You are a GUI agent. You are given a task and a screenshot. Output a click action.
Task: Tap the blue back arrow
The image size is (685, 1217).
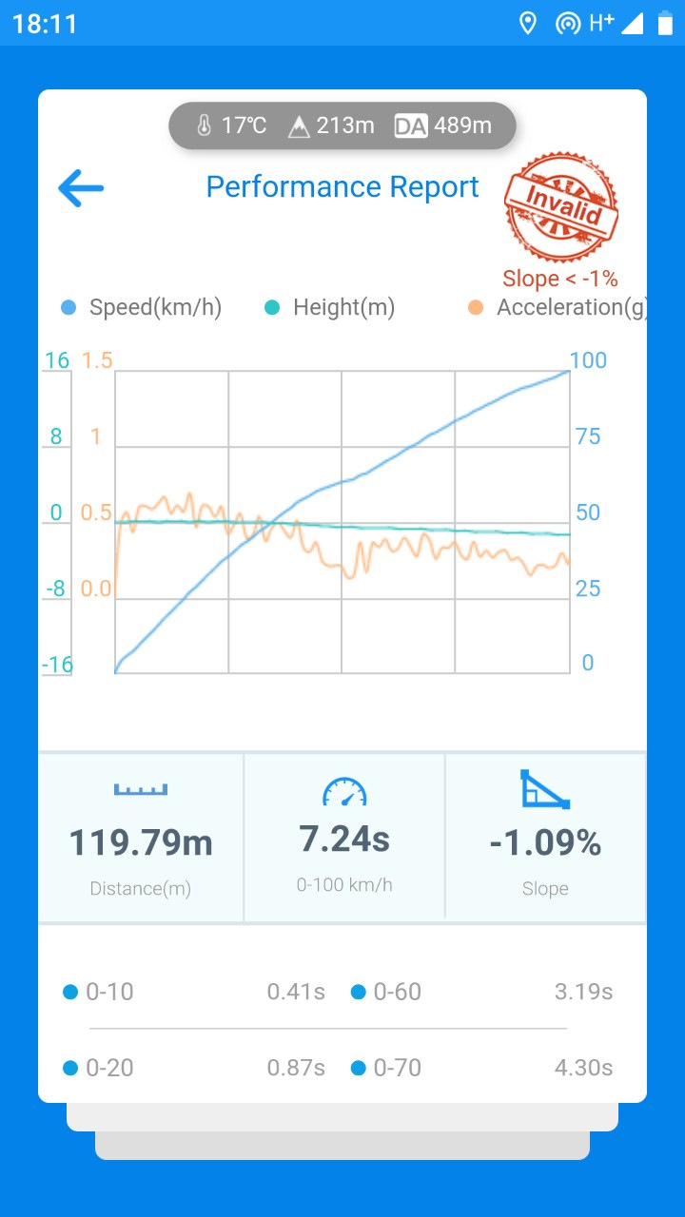pyautogui.click(x=81, y=188)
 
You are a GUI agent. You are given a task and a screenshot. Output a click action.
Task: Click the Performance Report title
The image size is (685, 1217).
pyautogui.click(x=342, y=187)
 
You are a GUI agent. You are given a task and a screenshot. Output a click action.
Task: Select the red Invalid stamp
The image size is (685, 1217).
pyautogui.click(x=561, y=207)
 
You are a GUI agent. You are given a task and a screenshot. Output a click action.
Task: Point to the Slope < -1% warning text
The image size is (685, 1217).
pyautogui.click(x=560, y=279)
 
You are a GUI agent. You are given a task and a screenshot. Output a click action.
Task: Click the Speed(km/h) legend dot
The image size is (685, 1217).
pyautogui.click(x=68, y=308)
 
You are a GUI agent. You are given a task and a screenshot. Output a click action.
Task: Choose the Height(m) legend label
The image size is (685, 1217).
pyautogui.click(x=343, y=308)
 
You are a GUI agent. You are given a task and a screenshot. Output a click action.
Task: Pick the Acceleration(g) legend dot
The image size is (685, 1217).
pyautogui.click(x=476, y=308)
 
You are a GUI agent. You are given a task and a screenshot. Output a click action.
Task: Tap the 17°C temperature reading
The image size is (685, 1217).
pyautogui.click(x=244, y=126)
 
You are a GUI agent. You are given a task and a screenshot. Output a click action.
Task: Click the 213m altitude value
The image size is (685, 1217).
pyautogui.click(x=344, y=126)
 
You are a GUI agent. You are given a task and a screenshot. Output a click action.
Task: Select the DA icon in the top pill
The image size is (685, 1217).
pyautogui.click(x=411, y=126)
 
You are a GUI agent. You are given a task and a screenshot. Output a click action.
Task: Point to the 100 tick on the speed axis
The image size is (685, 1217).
pyautogui.click(x=588, y=360)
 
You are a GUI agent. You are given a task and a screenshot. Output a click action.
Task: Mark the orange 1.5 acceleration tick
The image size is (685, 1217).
pyautogui.click(x=97, y=360)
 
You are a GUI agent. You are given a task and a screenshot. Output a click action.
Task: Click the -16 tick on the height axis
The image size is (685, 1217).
pyautogui.click(x=57, y=665)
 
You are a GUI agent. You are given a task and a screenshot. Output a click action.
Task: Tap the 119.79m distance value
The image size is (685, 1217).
pyautogui.click(x=141, y=843)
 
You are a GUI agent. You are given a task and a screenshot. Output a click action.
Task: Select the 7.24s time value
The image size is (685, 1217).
pyautogui.click(x=344, y=840)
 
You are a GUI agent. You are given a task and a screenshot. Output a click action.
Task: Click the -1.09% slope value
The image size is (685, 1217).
pyautogui.click(x=545, y=843)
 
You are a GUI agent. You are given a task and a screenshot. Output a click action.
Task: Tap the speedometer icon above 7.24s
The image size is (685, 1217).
pyautogui.click(x=344, y=792)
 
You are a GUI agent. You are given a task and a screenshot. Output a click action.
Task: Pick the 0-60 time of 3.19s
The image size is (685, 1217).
pyautogui.click(x=583, y=993)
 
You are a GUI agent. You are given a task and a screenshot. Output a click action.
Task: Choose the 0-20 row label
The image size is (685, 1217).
pyautogui.click(x=109, y=1069)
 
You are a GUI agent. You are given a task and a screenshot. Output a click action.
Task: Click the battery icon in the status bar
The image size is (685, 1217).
pyautogui.click(x=664, y=24)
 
